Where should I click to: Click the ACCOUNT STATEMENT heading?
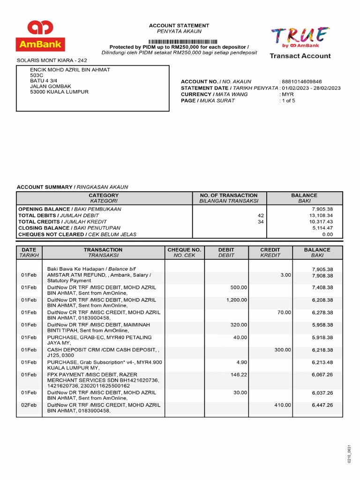pos(179,25)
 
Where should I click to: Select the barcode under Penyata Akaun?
pos(180,41)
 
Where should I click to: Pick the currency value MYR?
pos(288,94)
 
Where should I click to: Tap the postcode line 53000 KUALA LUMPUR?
pos(59,92)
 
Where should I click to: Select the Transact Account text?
pos(300,56)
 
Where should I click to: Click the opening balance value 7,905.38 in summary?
pos(322,209)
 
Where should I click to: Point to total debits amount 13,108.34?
pos(321,215)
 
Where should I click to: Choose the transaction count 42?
pos(261,215)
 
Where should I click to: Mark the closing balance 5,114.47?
pos(322,228)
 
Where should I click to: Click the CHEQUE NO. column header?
pos(184,250)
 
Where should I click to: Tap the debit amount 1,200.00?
pos(237,300)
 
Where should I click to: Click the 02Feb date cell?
pos(29,405)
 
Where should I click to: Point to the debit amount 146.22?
pos(240,375)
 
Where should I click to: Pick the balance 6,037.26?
pos(322,393)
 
